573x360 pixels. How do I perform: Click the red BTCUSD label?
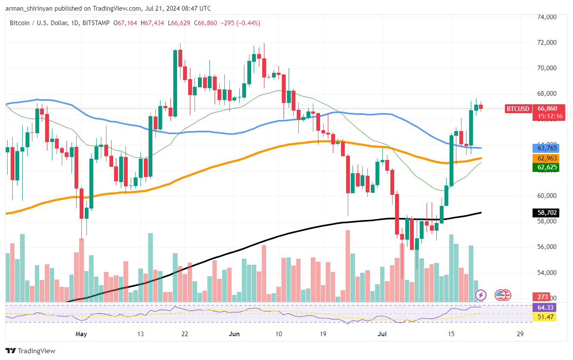518,109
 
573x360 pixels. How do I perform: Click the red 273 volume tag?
543,297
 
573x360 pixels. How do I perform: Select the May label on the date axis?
81,334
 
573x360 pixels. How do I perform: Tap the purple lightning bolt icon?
481,294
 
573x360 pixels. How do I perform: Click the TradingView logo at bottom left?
30,351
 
